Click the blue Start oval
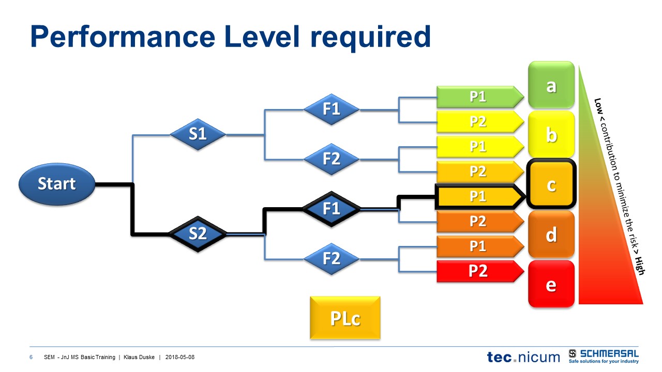57,184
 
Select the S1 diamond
198,134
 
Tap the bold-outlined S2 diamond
198,234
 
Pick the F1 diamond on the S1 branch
331,109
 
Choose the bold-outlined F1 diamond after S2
331,208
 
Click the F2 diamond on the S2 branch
331,258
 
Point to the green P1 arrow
478,97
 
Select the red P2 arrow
478,271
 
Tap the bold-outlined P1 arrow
478,196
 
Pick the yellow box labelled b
551,135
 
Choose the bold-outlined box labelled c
551,184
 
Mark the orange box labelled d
551,234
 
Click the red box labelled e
551,284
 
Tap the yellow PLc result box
345,318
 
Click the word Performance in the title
122,37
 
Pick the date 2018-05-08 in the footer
180,358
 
